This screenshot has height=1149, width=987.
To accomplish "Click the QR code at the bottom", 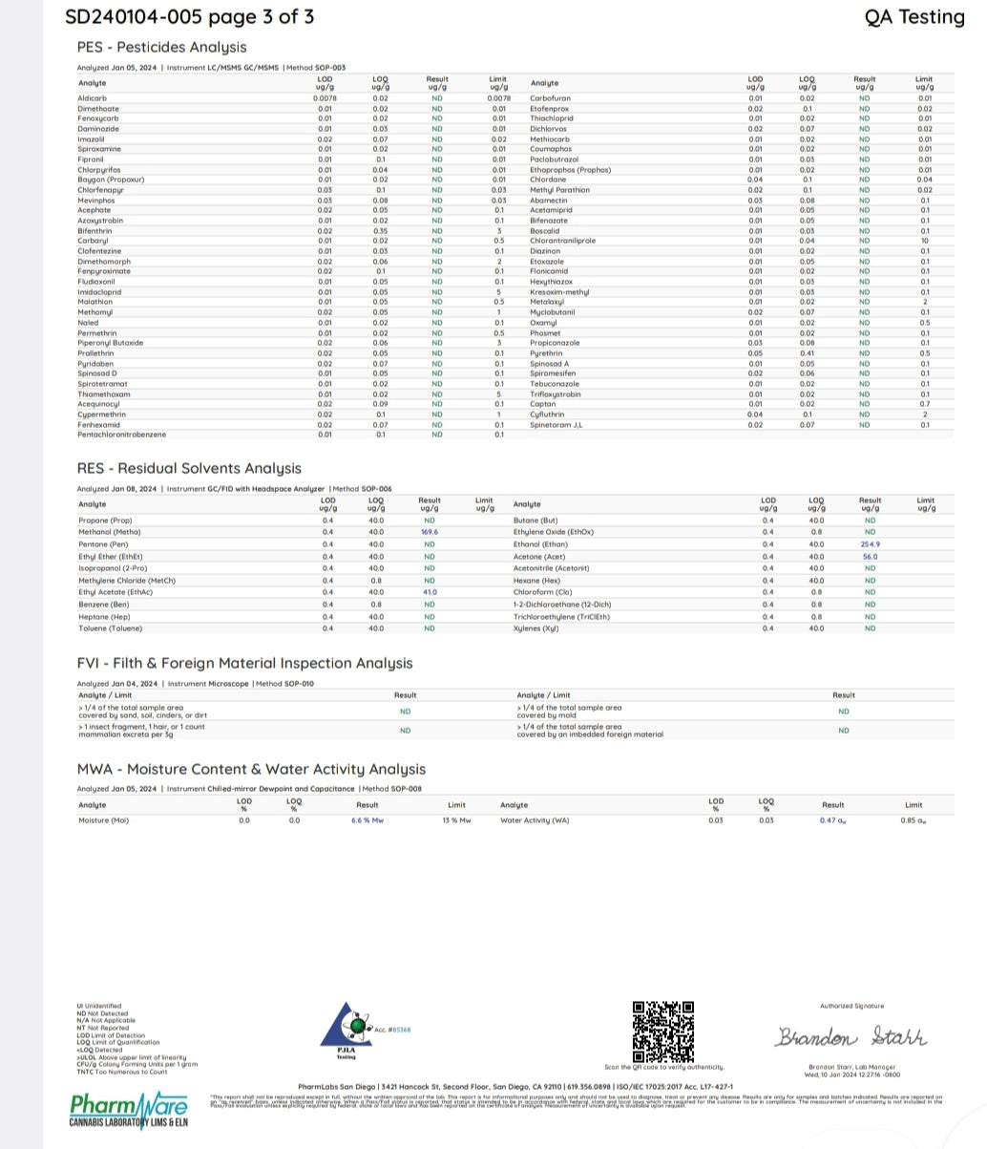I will tap(662, 1031).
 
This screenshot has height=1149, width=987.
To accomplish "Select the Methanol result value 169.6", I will tap(429, 532).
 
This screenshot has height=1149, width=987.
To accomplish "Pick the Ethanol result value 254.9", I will tap(870, 544).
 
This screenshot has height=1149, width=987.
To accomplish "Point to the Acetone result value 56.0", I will tap(870, 556).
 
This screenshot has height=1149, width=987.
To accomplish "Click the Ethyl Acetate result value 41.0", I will tap(429, 592).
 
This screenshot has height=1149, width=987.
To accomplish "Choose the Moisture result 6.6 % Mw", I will tap(367, 820).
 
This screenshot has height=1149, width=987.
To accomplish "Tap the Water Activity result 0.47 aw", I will tap(832, 820).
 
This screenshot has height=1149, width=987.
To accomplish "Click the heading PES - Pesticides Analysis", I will tap(161, 47).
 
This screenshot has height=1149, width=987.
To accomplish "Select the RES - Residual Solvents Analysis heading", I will tap(189, 468).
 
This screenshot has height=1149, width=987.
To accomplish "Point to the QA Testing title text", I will tap(913, 17).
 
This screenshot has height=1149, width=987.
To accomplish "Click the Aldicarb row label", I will tap(92, 98).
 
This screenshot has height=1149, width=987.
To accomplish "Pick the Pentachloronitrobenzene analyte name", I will tap(121, 435).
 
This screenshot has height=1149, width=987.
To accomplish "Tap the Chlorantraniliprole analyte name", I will tap(562, 241).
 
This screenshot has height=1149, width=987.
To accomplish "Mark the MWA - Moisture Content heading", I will tap(251, 769).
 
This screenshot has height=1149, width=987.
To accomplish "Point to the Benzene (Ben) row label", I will tap(104, 605).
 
